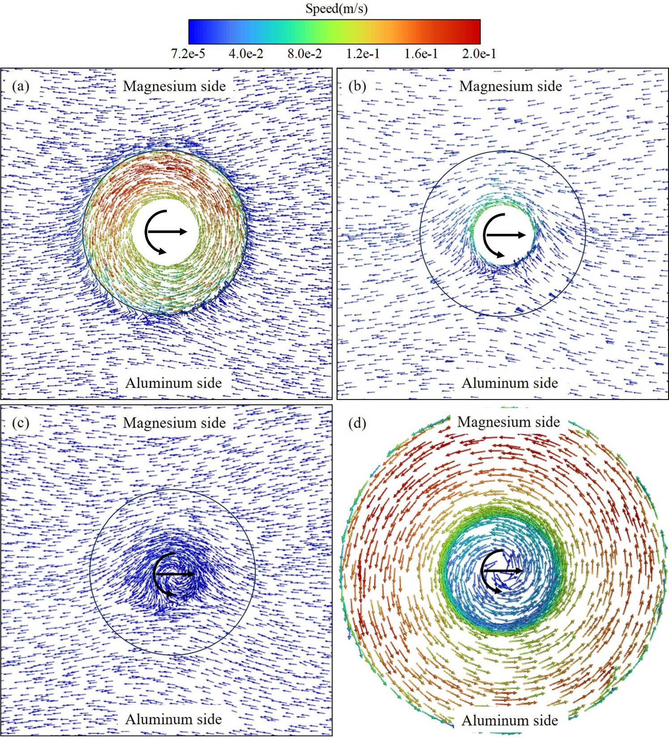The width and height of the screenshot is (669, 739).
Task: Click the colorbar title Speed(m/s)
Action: point(336,8)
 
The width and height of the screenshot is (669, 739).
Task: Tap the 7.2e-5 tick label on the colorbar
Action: point(188,54)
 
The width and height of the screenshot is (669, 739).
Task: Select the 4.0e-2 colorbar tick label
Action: point(246,54)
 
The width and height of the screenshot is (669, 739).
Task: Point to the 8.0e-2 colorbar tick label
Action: point(304,54)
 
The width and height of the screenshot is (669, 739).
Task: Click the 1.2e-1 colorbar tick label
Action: point(363,54)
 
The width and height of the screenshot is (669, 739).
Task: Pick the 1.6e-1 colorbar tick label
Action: point(421,54)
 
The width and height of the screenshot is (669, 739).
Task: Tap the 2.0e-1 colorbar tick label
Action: point(479,54)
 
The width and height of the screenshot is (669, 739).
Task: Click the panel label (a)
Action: point(21,86)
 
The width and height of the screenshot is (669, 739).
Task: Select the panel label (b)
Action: point(357,86)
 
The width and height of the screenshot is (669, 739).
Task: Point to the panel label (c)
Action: point(21,423)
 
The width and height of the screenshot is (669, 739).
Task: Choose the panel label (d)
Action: point(357,423)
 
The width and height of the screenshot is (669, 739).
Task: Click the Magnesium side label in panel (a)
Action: point(175,86)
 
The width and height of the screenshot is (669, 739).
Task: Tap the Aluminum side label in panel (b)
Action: point(510,383)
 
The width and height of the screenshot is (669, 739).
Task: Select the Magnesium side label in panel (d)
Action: point(509,422)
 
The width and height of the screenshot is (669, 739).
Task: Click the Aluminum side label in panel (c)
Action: point(174,719)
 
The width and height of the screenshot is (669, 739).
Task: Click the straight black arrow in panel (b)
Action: point(506,235)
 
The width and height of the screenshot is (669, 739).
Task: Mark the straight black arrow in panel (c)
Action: point(175,573)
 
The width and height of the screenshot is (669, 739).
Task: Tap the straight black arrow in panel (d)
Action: point(502,571)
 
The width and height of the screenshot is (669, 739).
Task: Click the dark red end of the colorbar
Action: point(474,31)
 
